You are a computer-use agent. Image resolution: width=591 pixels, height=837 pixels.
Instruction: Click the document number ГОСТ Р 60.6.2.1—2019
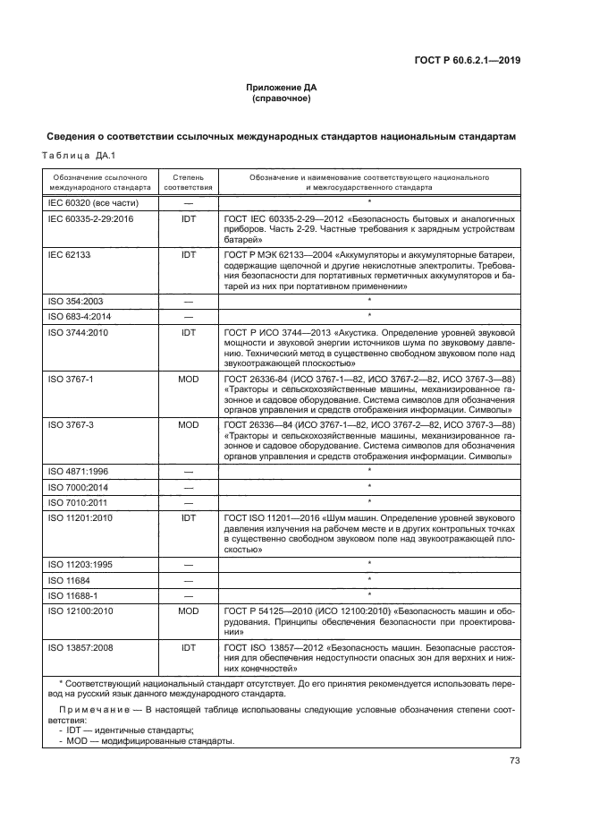coord(468,61)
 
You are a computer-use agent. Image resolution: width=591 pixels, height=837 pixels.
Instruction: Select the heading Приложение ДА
coord(282,88)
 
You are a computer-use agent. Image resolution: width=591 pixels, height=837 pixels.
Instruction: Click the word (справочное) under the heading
coord(282,98)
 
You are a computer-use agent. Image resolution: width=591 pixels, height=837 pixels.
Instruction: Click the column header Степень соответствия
coord(189,184)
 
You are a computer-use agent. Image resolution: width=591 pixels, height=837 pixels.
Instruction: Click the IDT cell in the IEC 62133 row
coord(189,255)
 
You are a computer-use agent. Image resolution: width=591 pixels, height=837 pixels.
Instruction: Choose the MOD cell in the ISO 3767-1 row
coord(189,379)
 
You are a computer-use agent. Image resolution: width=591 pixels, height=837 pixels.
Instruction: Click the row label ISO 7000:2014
coord(78,486)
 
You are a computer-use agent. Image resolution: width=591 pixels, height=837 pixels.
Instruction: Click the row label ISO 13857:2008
coord(80,645)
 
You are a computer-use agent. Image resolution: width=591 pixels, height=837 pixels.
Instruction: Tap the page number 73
coord(514,761)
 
